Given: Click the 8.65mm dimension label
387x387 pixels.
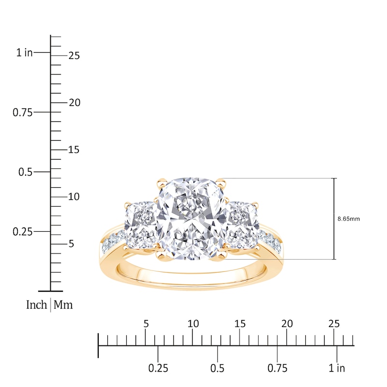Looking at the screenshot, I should [x=348, y=219].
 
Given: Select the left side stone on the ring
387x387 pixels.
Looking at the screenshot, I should [x=140, y=225].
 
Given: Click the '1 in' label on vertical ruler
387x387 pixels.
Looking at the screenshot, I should [x=24, y=53].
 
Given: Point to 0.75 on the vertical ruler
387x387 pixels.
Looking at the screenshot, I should [x=22, y=112].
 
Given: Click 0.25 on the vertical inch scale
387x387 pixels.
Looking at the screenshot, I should [x=22, y=232].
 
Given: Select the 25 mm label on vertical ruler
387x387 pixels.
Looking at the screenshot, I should [x=74, y=56].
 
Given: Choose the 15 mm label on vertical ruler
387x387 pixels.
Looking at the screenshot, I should [x=74, y=150].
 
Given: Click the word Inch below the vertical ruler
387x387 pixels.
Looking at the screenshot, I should [x=36, y=305].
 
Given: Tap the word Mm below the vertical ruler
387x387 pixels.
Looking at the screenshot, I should [x=63, y=305].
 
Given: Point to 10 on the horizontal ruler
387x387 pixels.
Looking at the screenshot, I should [x=193, y=324].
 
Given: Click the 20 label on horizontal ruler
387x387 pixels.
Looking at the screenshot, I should [x=287, y=324].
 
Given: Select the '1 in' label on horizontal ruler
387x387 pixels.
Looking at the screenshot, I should [x=337, y=368].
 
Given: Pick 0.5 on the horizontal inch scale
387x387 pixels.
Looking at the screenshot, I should [x=218, y=368].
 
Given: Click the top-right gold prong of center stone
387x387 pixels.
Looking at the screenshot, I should [x=222, y=182].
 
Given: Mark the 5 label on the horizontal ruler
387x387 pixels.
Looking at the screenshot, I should [x=146, y=324].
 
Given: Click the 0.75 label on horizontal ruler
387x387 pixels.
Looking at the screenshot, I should [x=277, y=368].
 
